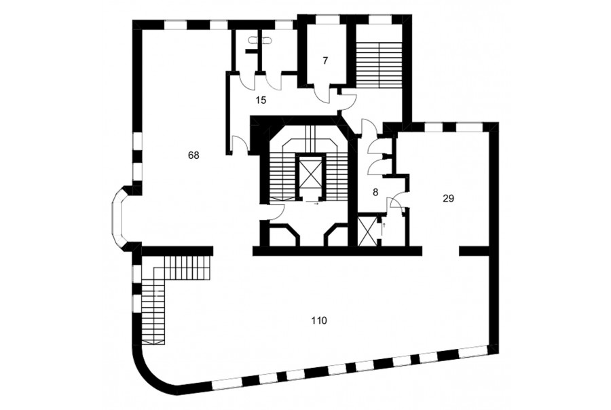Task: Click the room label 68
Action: click(193, 155)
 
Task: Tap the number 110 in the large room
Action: click(319, 321)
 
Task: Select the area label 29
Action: click(449, 198)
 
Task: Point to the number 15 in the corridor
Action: click(261, 100)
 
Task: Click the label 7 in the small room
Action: click(325, 61)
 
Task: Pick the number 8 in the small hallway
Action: click(375, 192)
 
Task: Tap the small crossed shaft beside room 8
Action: click(367, 231)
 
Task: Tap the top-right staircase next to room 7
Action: click(379, 64)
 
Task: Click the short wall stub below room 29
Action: click(473, 251)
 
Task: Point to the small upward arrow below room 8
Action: click(385, 225)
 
